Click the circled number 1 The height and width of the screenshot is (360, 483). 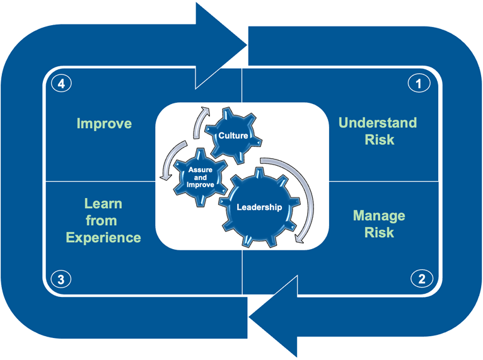click(x=418, y=83)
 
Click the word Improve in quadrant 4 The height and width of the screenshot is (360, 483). click(x=104, y=124)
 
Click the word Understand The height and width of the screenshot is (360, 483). click(x=378, y=122)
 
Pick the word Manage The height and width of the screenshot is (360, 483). click(x=379, y=216)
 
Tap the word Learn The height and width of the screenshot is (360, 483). click(x=103, y=204)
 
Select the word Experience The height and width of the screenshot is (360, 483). click(x=103, y=238)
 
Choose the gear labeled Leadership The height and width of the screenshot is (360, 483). click(x=259, y=206)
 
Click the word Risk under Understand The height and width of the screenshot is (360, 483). click(x=379, y=139)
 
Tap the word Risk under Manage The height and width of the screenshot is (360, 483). click(x=379, y=233)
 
